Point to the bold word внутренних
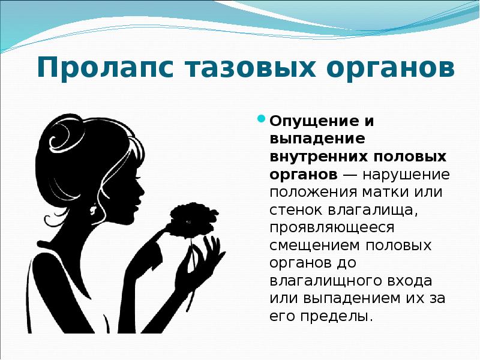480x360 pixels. coord(308,157)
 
